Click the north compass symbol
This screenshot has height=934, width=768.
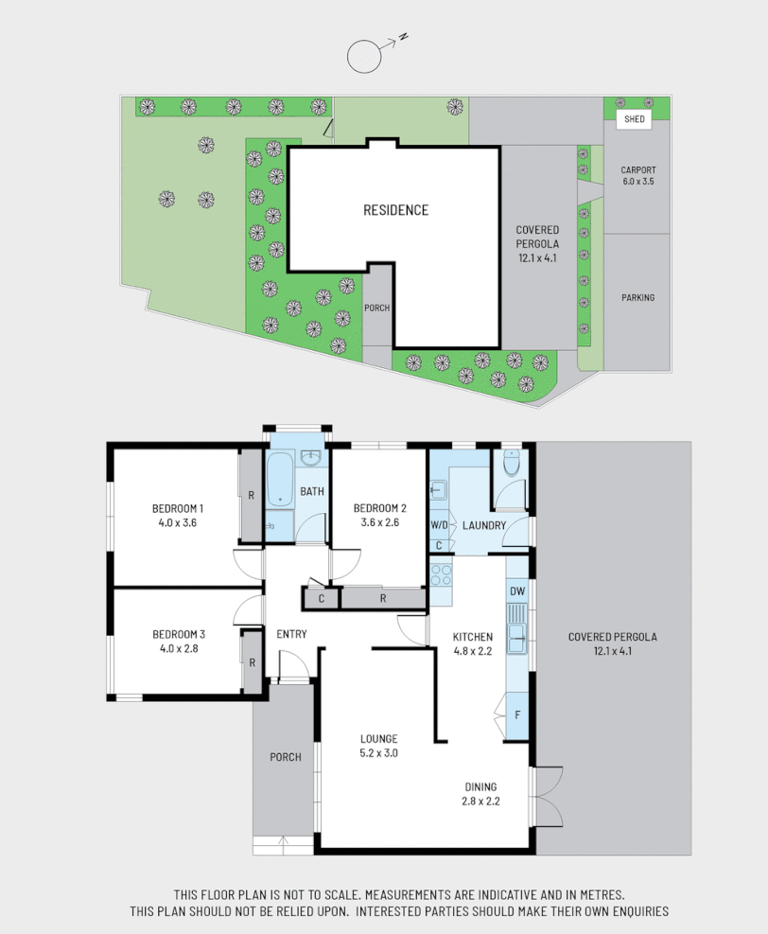click(364, 56)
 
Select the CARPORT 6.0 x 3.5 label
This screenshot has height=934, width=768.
click(637, 175)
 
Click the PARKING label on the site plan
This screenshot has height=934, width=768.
click(637, 297)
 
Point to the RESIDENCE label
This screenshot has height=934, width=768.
click(395, 210)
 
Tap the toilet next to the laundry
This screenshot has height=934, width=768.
click(512, 465)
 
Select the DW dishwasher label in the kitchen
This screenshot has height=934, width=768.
click(516, 591)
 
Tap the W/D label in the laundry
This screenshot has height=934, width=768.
click(440, 525)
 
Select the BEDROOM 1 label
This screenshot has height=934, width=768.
click(178, 508)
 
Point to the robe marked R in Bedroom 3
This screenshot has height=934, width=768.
click(252, 661)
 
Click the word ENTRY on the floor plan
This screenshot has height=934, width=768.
click(291, 634)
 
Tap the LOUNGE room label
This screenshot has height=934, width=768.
click(378, 739)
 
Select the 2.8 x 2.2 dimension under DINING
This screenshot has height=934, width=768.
click(480, 801)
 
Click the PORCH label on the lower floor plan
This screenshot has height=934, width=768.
click(285, 757)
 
